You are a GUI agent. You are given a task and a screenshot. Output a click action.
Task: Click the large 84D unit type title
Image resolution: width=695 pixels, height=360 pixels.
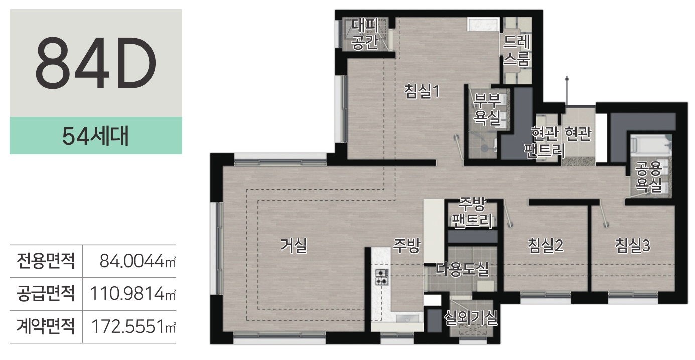point(95,63)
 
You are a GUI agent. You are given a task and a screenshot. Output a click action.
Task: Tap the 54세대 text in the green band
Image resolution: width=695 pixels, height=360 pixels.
point(95,136)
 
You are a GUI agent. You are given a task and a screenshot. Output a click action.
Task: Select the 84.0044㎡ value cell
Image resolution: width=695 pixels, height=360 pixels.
point(137,261)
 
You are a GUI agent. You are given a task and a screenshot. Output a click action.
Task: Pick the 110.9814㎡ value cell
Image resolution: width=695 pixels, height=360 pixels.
point(133,294)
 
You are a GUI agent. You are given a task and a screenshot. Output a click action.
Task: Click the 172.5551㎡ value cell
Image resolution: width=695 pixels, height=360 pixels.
point(133,326)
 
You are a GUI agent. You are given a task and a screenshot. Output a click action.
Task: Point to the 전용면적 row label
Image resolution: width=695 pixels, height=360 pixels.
point(46,261)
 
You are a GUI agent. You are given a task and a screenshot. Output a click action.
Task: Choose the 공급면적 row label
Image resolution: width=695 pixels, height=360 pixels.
point(46,294)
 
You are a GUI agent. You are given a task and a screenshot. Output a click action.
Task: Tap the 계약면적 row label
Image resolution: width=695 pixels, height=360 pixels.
point(46,326)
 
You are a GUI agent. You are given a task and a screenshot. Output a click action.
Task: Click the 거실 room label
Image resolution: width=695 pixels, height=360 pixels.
point(294,246)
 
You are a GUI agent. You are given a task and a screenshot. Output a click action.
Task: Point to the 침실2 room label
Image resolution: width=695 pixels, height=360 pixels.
point(545,246)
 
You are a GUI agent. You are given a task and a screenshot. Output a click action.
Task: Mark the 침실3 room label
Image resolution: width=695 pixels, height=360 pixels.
point(633,246)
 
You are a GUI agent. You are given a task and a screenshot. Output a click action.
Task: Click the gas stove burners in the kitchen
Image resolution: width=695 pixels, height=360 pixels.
point(382,277)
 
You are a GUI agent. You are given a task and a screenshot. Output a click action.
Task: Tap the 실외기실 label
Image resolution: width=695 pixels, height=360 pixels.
point(471,318)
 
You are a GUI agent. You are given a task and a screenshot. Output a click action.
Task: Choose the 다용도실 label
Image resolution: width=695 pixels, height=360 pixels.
point(462,269)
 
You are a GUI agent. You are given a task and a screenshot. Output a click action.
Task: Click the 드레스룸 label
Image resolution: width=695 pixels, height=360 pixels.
point(516,50)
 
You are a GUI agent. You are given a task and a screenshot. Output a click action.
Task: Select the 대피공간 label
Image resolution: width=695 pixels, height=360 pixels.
point(365,34)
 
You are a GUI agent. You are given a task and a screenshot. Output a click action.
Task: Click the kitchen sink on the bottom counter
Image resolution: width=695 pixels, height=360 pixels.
point(407,319)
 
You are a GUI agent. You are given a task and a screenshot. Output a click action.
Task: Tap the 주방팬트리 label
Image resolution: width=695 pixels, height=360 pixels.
point(472,212)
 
